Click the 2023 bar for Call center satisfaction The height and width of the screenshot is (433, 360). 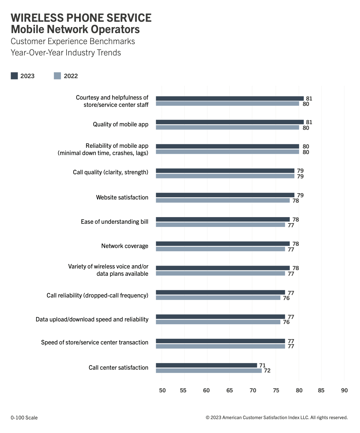206,365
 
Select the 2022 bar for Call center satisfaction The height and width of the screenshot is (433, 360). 209,371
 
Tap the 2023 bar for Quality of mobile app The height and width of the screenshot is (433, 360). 229,122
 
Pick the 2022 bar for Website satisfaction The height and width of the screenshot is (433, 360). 223,200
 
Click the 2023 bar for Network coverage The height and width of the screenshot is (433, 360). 223,244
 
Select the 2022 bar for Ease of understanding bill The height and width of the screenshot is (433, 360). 220,225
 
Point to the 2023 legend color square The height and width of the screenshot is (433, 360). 14,76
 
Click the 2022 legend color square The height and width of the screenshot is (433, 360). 57,76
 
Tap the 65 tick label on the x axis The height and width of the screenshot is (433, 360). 229,390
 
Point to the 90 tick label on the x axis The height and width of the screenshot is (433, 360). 344,390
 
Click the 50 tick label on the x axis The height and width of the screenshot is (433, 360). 162,390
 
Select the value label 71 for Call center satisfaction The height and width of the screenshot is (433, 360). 262,365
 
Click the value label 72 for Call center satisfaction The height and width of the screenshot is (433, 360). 267,371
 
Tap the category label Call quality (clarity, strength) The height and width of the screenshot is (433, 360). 110,172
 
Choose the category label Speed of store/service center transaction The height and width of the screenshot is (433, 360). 95,343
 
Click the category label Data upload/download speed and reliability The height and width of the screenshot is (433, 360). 92,320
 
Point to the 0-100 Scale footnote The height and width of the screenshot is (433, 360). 24,418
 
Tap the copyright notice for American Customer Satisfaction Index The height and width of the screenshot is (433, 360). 276,418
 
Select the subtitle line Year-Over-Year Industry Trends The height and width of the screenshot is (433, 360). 66,53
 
